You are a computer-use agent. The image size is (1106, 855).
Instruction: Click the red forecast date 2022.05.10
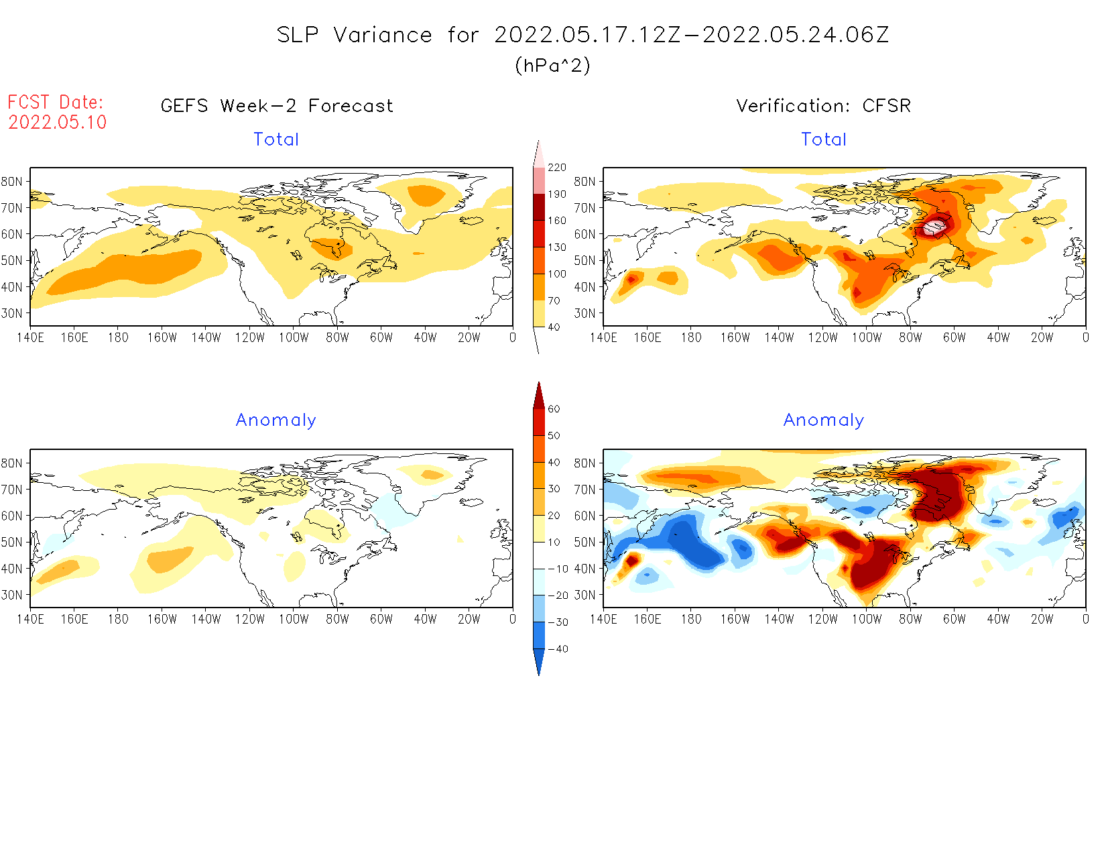(x=58, y=122)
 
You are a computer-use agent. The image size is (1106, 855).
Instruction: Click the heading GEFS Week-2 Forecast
(x=277, y=106)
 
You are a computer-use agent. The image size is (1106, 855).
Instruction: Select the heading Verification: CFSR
(x=823, y=106)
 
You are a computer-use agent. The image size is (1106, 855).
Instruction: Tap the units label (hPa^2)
(x=552, y=65)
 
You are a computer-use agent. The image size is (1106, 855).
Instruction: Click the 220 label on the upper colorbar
(x=556, y=168)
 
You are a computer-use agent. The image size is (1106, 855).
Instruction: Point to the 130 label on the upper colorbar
(x=556, y=247)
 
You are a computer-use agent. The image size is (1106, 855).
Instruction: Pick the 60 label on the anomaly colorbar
(x=554, y=409)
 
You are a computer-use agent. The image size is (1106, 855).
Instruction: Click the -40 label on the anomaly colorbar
(x=558, y=649)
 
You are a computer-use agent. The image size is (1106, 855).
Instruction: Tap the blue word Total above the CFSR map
(x=824, y=139)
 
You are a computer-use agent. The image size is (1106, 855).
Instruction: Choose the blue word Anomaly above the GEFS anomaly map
(x=275, y=420)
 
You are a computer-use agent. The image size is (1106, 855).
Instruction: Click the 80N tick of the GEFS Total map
(x=12, y=182)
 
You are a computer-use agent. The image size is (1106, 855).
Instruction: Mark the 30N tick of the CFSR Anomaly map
(x=585, y=595)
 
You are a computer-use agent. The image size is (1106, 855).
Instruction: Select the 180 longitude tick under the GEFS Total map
(x=118, y=338)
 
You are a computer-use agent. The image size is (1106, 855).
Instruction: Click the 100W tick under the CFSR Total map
(x=866, y=338)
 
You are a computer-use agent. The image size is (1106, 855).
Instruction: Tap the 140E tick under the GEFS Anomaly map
(x=30, y=620)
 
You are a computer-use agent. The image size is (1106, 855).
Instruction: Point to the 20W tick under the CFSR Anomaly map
(x=1042, y=620)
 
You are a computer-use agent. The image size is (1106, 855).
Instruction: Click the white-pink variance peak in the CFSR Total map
(x=934, y=227)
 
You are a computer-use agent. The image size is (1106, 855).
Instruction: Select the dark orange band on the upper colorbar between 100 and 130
(x=539, y=260)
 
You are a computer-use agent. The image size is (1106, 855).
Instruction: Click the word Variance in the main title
(x=383, y=35)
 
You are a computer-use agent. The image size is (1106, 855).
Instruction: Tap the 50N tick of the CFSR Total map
(x=585, y=261)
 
